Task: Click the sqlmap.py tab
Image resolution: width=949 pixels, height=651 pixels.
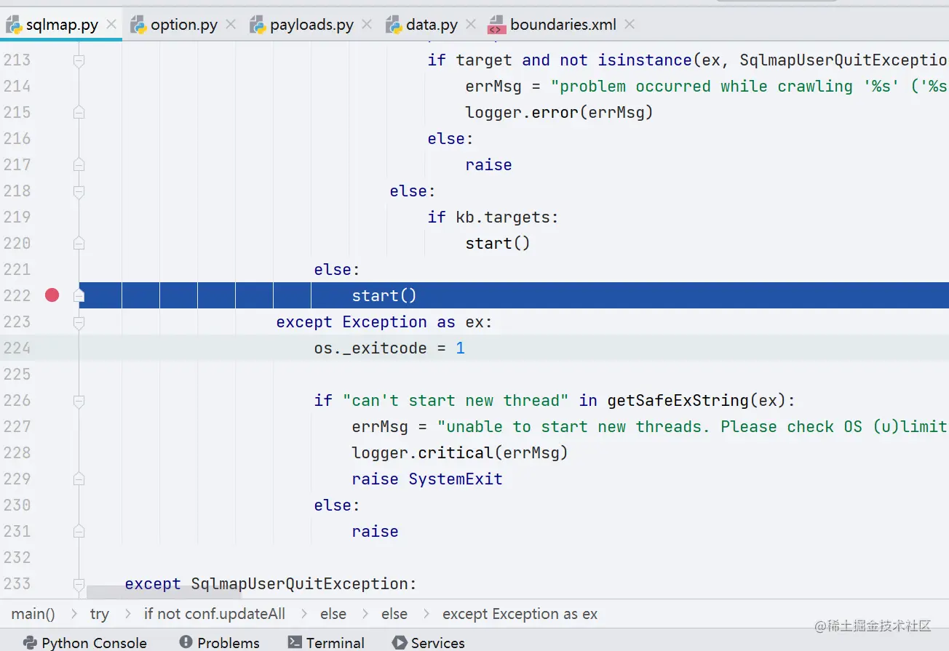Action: [62, 25]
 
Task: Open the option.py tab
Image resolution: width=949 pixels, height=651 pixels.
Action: [183, 25]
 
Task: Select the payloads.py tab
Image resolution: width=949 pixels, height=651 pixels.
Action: [311, 25]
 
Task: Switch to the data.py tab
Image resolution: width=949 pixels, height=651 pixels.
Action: [432, 25]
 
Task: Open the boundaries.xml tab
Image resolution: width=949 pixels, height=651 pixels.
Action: [563, 25]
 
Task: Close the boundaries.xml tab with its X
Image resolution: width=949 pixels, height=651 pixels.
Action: [630, 25]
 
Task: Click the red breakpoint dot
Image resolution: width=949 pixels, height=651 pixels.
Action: [52, 295]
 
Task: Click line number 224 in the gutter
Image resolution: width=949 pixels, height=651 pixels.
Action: [17, 348]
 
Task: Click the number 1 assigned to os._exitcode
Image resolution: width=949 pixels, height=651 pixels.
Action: [460, 348]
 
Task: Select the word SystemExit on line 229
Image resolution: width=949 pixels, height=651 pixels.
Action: [456, 479]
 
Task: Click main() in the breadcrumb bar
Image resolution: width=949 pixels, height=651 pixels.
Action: [33, 614]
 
